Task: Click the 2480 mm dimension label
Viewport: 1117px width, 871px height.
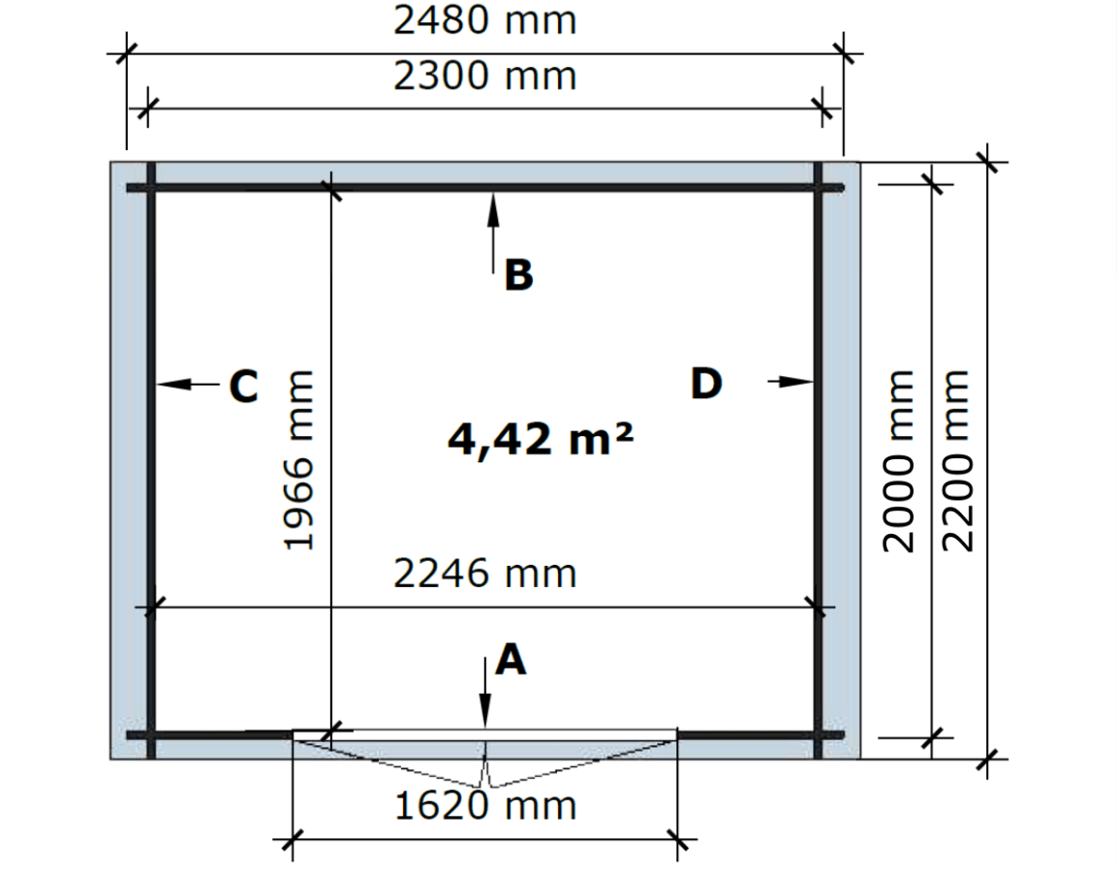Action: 484,20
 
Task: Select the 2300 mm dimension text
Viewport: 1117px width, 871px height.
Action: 484,77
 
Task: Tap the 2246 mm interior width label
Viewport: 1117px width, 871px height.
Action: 484,574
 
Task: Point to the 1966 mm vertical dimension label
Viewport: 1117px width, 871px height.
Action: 298,459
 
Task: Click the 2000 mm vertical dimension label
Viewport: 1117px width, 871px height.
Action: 898,461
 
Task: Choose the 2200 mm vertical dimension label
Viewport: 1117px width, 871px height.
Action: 957,461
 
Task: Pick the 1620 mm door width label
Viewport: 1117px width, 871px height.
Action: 484,806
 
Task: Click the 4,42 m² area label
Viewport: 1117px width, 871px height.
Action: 540,439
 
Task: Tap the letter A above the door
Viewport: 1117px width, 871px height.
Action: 511,660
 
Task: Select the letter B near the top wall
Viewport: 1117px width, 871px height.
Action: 518,275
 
